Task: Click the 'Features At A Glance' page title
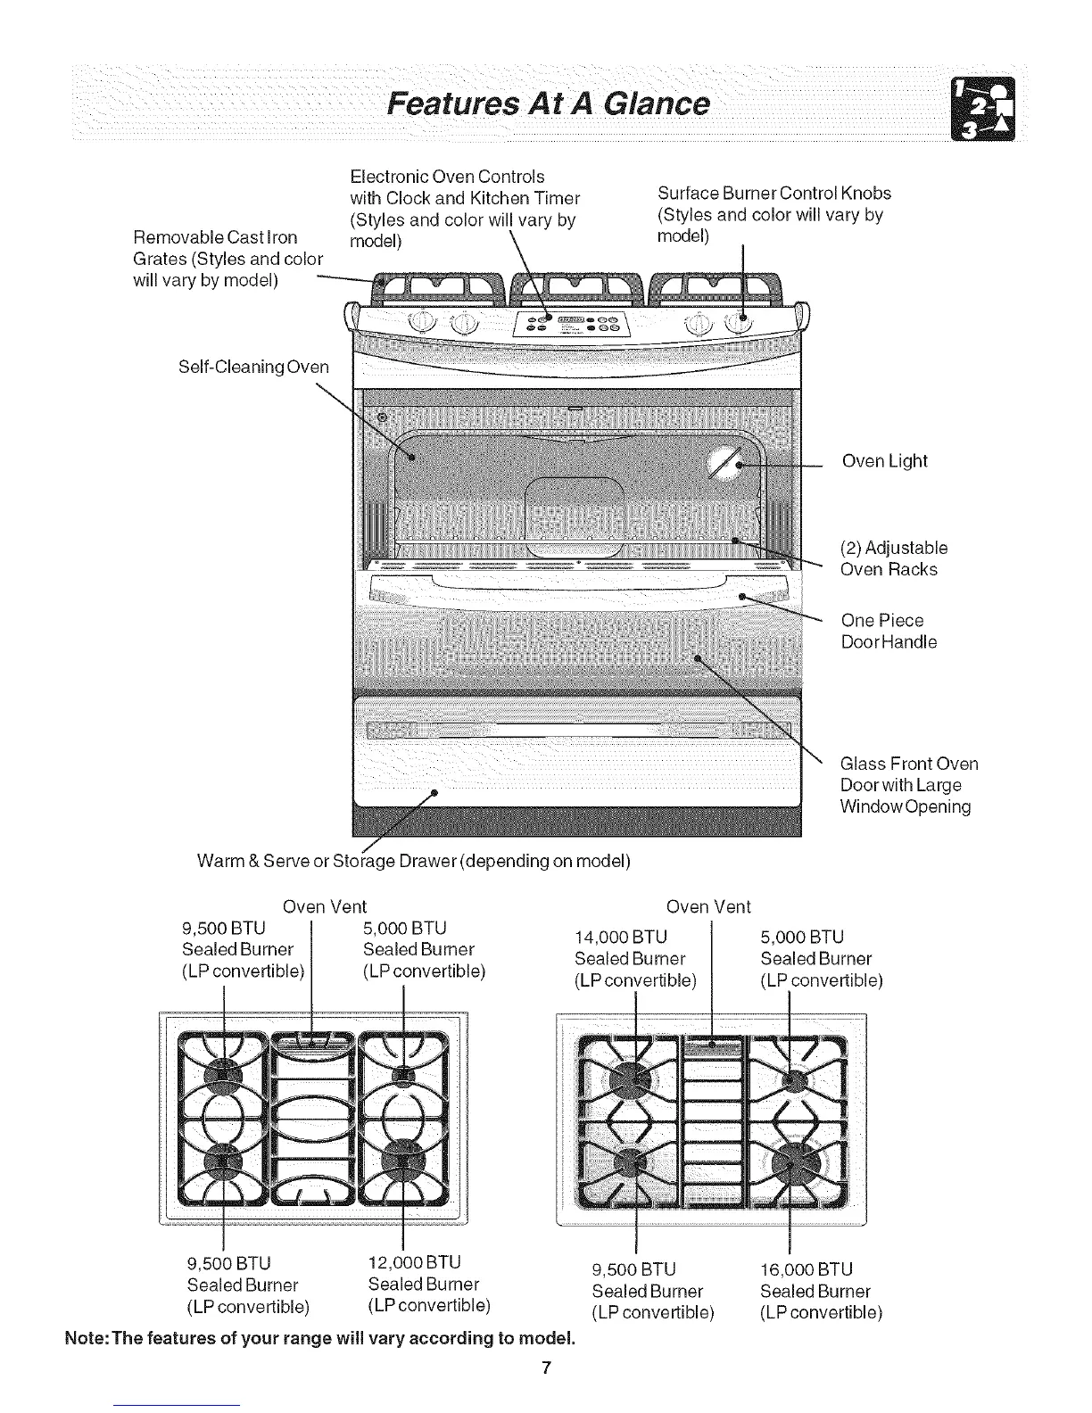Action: (548, 103)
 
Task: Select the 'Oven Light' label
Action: (884, 461)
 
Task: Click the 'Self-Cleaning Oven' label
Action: (253, 367)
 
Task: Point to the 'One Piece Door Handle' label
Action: (889, 632)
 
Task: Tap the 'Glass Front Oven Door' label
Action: (909, 785)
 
